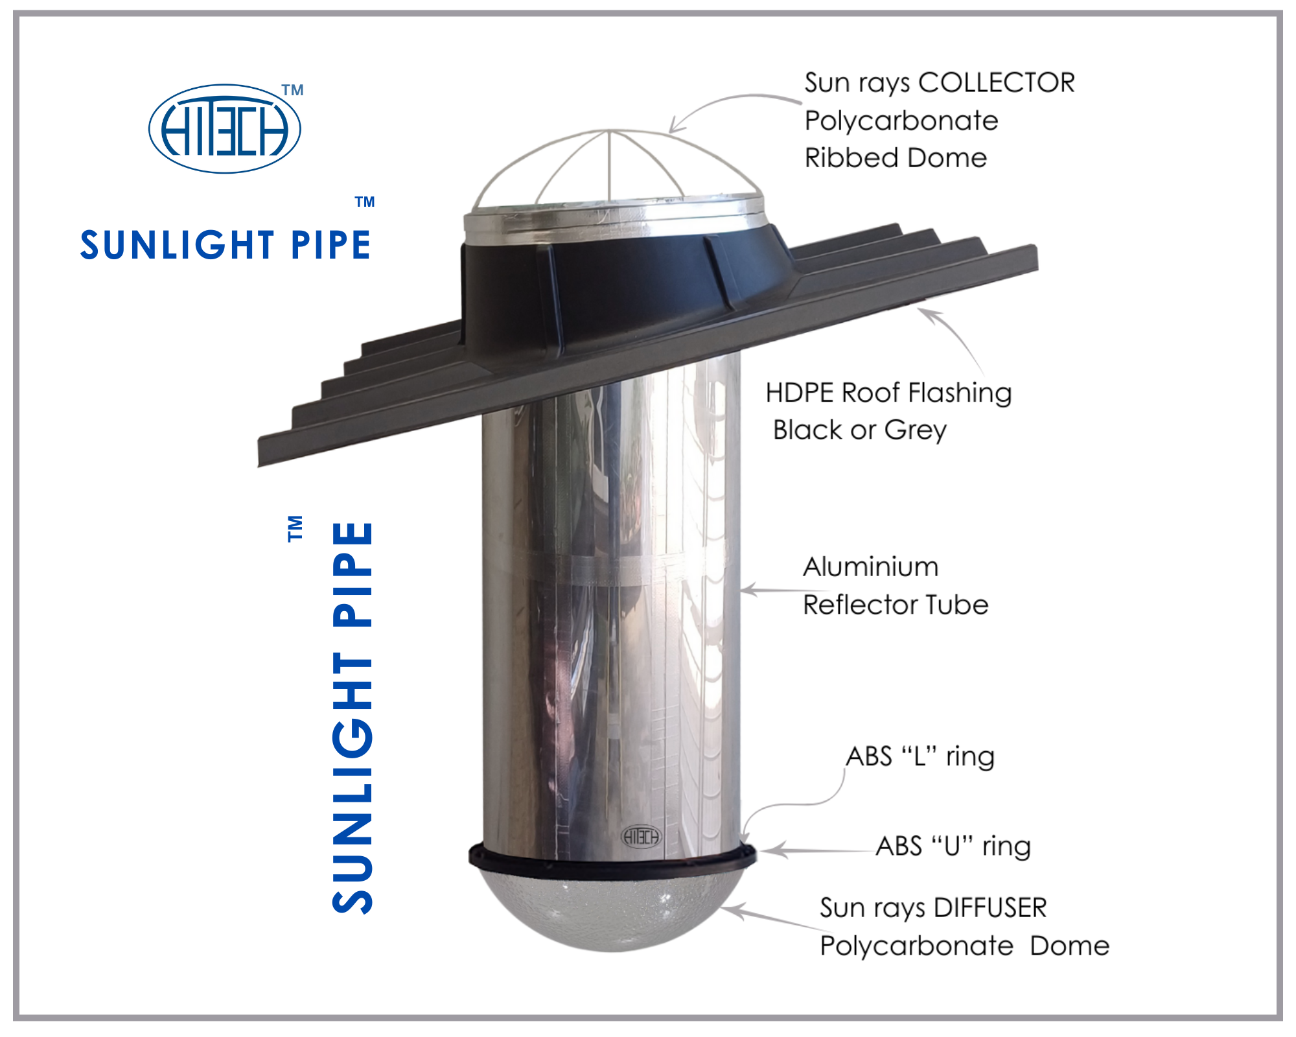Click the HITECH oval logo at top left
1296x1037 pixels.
pos(225,128)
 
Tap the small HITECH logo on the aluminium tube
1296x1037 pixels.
pos(641,836)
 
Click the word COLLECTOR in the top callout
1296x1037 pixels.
pos(997,83)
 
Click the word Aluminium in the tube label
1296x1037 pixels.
pos(870,567)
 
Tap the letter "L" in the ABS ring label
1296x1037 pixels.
pos(920,756)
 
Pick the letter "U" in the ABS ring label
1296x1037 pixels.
pos(952,846)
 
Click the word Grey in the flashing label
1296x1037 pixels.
pos(916,430)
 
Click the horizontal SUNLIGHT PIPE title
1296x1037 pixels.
pos(225,245)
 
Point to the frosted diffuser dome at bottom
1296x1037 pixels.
pos(609,914)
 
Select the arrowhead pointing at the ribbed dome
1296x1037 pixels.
pos(674,127)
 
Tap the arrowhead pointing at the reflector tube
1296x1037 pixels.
pos(746,590)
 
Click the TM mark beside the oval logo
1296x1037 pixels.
pos(293,90)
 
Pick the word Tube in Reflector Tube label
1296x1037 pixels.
pos(957,605)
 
